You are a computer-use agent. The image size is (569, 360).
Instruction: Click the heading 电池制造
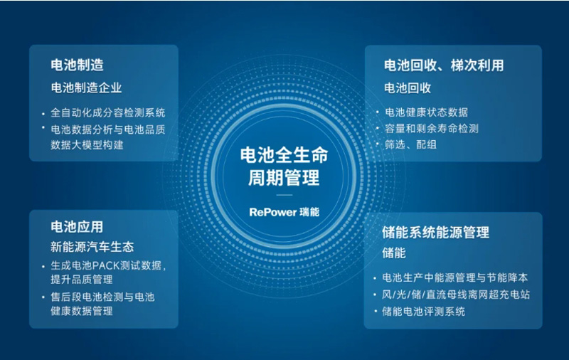click(x=77, y=65)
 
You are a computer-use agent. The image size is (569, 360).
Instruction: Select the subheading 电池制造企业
click(x=86, y=88)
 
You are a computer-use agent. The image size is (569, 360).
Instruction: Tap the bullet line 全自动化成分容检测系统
click(x=108, y=112)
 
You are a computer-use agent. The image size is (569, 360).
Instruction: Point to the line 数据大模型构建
click(x=87, y=145)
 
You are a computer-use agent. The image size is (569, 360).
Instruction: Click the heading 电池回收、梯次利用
click(x=444, y=65)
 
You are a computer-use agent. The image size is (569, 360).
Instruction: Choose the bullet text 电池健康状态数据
click(x=426, y=112)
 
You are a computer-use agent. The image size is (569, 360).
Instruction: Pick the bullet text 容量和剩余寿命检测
click(x=432, y=129)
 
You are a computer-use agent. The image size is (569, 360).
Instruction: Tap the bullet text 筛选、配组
click(x=410, y=145)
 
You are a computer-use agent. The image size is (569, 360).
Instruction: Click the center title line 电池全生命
click(x=284, y=155)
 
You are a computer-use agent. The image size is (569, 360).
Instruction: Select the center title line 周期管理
click(x=284, y=178)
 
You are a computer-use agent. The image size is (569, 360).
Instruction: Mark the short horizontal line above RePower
click(x=284, y=195)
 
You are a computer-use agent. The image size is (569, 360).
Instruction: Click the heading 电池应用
click(x=77, y=227)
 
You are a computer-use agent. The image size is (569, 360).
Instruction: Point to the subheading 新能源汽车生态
click(x=92, y=247)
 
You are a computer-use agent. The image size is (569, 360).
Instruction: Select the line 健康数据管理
click(x=82, y=311)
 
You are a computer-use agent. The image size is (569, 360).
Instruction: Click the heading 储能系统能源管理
click(x=435, y=233)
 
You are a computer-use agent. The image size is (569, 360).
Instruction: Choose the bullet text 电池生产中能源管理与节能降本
click(x=455, y=278)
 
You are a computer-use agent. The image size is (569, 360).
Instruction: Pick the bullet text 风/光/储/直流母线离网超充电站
click(x=456, y=295)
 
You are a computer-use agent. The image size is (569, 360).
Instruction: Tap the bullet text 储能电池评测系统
click(x=423, y=312)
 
